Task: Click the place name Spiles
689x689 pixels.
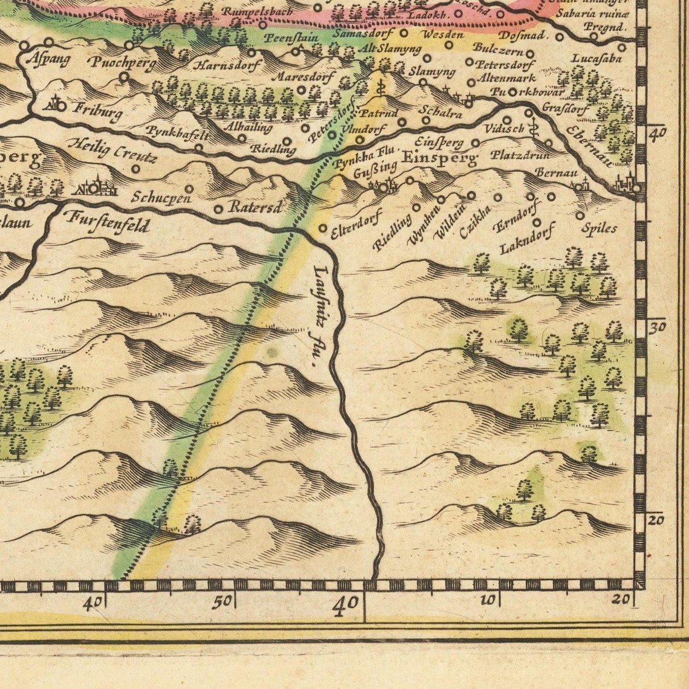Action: click(599, 228)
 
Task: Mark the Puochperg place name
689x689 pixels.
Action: click(121, 62)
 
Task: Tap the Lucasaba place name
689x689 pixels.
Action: click(597, 59)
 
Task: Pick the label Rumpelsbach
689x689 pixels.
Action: click(257, 12)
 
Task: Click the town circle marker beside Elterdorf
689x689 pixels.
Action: click(323, 228)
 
